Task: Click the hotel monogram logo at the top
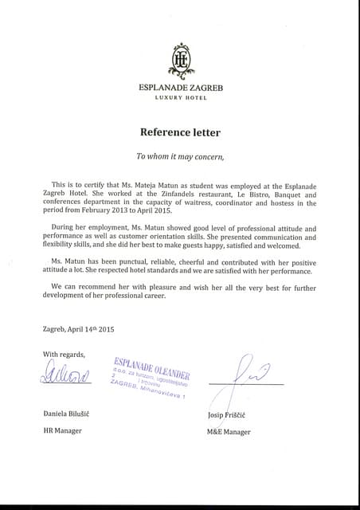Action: tap(182, 58)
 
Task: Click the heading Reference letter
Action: tap(180, 131)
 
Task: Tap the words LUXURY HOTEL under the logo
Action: tap(181, 97)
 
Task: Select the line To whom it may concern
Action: tap(180, 156)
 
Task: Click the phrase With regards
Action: tap(63, 354)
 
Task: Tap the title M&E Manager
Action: tap(229, 432)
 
